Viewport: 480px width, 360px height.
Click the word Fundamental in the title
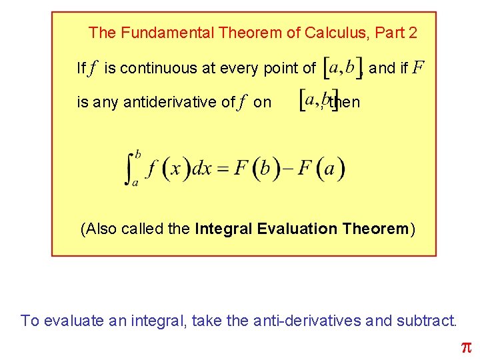pos(158,32)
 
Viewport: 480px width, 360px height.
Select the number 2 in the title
pos(413,32)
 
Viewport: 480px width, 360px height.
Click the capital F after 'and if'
pos(418,68)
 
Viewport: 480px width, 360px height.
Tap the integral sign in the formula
pos(131,167)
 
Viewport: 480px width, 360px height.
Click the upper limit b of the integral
pos(138,154)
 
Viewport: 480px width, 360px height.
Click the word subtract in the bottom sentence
pos(426,321)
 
